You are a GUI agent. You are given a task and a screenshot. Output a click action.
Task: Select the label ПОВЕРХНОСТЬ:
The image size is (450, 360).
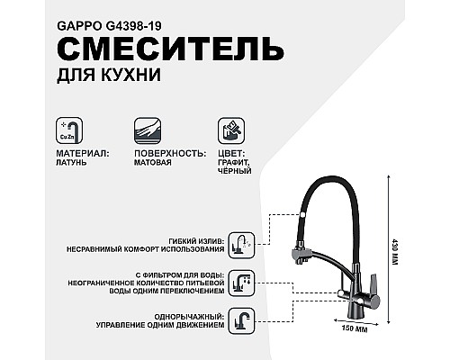(168, 153)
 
